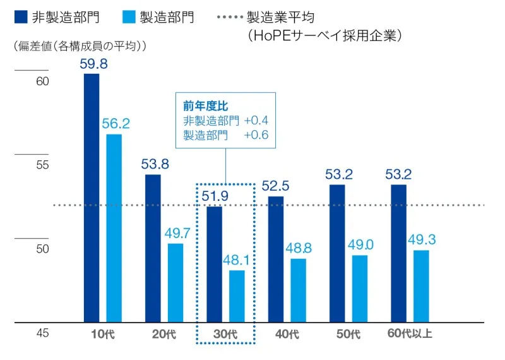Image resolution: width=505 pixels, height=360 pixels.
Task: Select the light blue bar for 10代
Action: click(114, 228)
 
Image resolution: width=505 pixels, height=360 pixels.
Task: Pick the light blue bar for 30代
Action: click(237, 296)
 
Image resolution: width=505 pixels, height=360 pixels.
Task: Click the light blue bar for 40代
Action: click(299, 291)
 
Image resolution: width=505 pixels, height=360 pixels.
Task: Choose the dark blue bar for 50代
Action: click(337, 253)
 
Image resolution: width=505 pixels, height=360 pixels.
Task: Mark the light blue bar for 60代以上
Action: click(421, 286)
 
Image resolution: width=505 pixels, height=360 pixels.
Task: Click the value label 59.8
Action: click(93, 63)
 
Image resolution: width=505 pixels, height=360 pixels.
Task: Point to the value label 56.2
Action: click(116, 124)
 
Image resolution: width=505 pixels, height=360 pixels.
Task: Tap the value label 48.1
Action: click(237, 260)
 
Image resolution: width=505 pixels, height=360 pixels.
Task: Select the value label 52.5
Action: click(275, 186)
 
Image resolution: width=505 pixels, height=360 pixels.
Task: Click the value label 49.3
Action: click(422, 240)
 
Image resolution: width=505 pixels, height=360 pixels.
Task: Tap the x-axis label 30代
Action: click(225, 333)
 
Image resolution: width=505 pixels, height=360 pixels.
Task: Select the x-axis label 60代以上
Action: click(409, 333)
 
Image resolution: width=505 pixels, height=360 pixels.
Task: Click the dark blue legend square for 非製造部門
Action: click(20, 18)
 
